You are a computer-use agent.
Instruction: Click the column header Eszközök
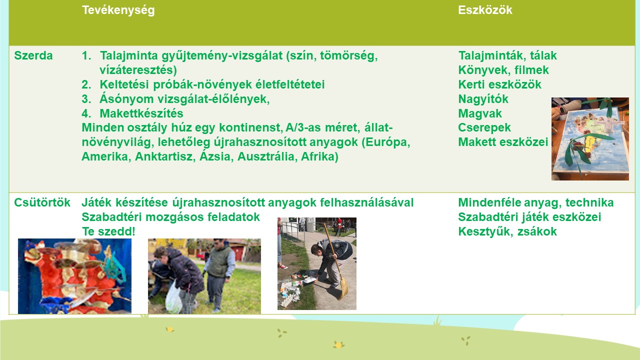pyautogui.click(x=485, y=10)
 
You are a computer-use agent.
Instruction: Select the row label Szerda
pyautogui.click(x=33, y=55)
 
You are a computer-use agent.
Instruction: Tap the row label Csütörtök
pyautogui.click(x=42, y=202)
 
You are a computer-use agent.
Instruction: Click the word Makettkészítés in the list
pyautogui.click(x=141, y=113)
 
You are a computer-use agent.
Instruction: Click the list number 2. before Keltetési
pyautogui.click(x=86, y=84)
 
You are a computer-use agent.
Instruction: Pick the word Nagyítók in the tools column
pyautogui.click(x=483, y=99)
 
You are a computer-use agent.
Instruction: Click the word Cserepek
pyautogui.click(x=484, y=127)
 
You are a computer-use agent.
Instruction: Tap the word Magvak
pyautogui.click(x=480, y=113)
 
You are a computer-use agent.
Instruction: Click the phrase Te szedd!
pyautogui.click(x=108, y=231)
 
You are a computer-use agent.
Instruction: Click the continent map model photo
pyautogui.click(x=590, y=139)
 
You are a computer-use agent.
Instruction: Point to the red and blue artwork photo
pyautogui.click(x=74, y=276)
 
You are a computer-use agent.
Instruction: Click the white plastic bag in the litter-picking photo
pyautogui.click(x=173, y=296)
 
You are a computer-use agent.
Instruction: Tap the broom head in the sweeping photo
pyautogui.click(x=343, y=288)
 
